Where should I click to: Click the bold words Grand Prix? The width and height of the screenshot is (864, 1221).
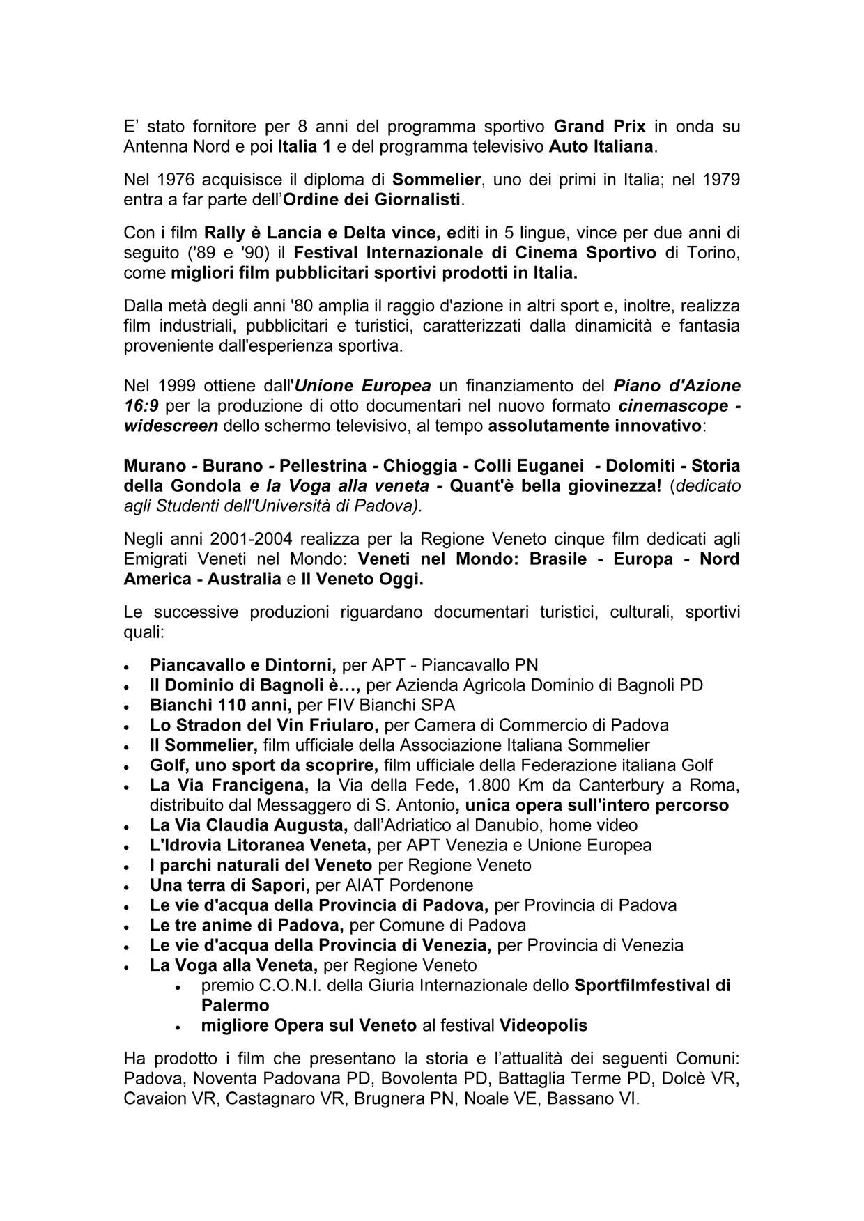pos(599,127)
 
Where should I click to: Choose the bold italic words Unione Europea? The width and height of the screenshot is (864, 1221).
pos(363,386)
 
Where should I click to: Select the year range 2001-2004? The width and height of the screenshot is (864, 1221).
pos(235,539)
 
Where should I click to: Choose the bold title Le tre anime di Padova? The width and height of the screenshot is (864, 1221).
pos(247,926)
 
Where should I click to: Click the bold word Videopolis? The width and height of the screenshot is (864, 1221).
pos(543,1025)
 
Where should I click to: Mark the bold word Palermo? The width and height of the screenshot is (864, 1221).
pos(235,1005)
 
